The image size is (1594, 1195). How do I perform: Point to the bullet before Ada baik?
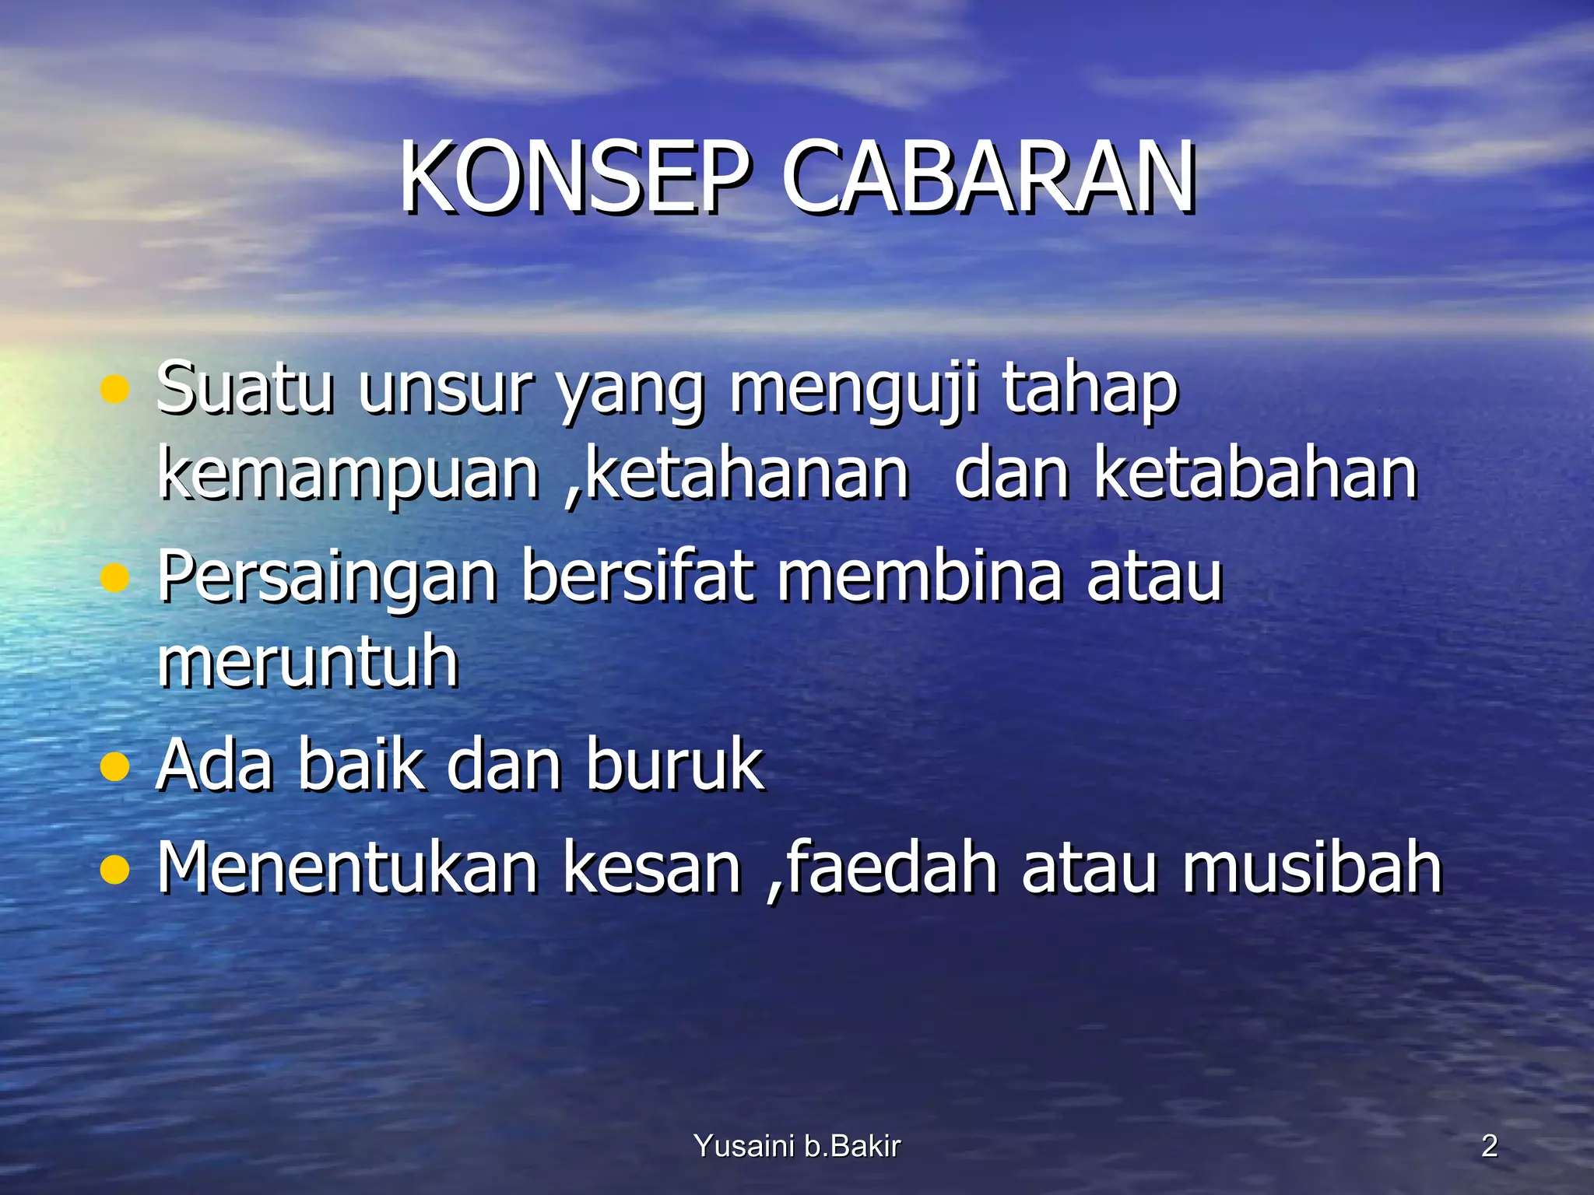tap(114, 767)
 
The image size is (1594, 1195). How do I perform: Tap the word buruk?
tap(674, 766)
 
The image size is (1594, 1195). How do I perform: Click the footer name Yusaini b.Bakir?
tap(796, 1146)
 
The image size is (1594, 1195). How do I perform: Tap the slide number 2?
tap(1489, 1146)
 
